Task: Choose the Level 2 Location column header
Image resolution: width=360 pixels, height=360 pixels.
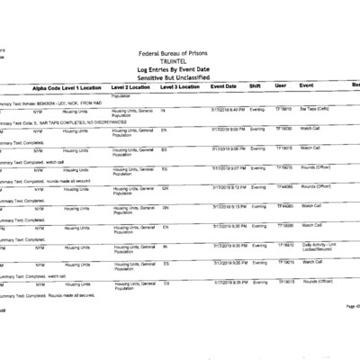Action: [x=133, y=87]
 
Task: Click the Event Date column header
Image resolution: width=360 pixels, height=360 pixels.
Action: [x=223, y=87]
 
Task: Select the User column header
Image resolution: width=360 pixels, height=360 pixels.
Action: [x=280, y=87]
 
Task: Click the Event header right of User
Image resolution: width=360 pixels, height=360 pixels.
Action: [x=307, y=87]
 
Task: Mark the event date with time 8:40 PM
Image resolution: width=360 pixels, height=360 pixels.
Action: [x=225, y=109]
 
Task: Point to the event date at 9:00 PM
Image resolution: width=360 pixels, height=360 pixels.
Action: [x=225, y=129]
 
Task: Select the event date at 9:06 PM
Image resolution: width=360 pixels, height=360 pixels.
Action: [x=225, y=148]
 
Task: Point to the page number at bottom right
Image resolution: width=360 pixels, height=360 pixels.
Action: [x=352, y=308]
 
